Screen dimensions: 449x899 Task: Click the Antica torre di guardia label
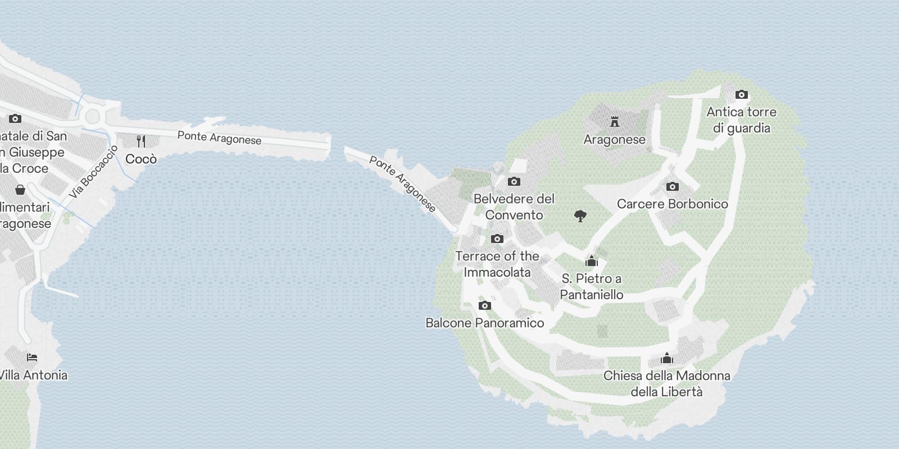[741, 120]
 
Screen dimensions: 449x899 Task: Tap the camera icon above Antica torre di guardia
[741, 94]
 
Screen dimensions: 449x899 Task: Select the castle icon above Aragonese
[614, 121]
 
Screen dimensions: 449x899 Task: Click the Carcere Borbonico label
[672, 204]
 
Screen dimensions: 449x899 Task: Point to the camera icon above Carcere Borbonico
[672, 186]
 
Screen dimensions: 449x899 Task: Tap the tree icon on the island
[580, 216]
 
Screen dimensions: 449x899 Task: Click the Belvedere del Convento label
[514, 207]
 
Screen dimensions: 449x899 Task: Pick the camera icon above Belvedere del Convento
[514, 181]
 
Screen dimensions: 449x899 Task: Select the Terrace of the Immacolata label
[497, 264]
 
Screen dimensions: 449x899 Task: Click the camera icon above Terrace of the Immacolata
[497, 239]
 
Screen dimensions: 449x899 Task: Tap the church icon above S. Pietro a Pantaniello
[591, 261]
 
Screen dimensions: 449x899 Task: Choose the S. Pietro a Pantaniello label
[592, 286]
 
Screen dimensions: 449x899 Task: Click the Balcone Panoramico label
[484, 323]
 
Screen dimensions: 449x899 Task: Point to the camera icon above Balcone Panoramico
[484, 305]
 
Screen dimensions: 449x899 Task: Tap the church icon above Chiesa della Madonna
[666, 358]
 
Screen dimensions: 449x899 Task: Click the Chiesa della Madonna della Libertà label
[666, 383]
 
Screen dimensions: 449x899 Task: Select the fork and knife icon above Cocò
[141, 141]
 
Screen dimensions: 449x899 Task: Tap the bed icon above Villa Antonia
[32, 358]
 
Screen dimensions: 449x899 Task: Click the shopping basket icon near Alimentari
[20, 190]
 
